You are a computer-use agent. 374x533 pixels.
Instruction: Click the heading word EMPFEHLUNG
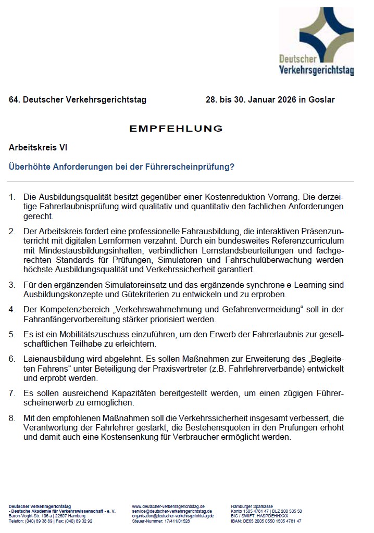pos(176,129)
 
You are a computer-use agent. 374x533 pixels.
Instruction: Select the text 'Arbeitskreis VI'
pos(38,148)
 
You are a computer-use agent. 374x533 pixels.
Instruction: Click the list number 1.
pos(12,197)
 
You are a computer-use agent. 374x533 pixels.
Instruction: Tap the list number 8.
pos(12,418)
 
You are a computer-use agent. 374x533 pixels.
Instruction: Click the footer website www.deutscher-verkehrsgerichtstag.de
pos(168,506)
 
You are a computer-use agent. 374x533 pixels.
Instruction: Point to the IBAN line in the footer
pos(266,521)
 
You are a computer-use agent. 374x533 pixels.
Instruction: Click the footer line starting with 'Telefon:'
pos(51,521)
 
